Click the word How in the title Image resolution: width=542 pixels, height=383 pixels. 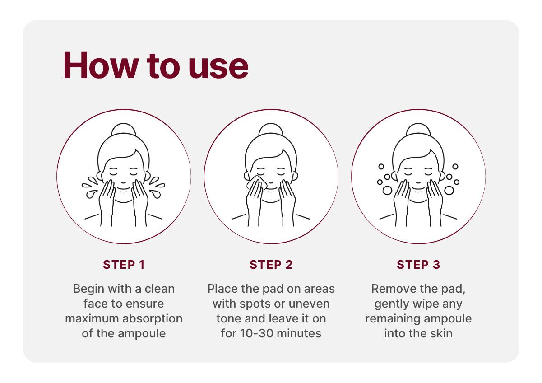pyautogui.click(x=101, y=65)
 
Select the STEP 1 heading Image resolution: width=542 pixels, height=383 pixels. pyautogui.click(x=124, y=265)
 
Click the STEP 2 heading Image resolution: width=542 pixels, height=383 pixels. pyautogui.click(x=271, y=265)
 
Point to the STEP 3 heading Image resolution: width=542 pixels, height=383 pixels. pyautogui.click(x=418, y=265)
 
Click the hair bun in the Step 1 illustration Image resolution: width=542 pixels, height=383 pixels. pyautogui.click(x=124, y=129)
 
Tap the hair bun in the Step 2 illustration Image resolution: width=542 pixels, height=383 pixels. pyautogui.click(x=271, y=129)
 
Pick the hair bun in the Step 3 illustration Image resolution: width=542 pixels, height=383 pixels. pyautogui.click(x=418, y=129)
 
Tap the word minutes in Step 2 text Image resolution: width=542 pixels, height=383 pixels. pyautogui.click(x=299, y=333)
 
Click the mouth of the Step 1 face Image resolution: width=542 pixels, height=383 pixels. pyautogui.click(x=123, y=190)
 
